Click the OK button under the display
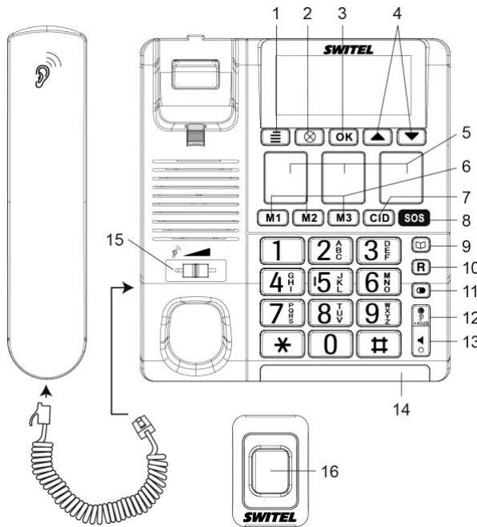click(x=343, y=136)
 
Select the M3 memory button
click(x=344, y=216)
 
